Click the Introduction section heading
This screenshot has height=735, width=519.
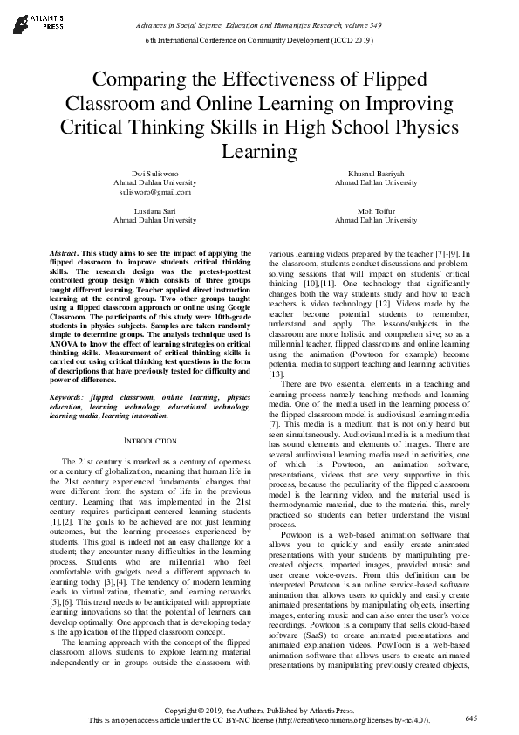(152, 441)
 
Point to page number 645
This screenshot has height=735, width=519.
(471, 718)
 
